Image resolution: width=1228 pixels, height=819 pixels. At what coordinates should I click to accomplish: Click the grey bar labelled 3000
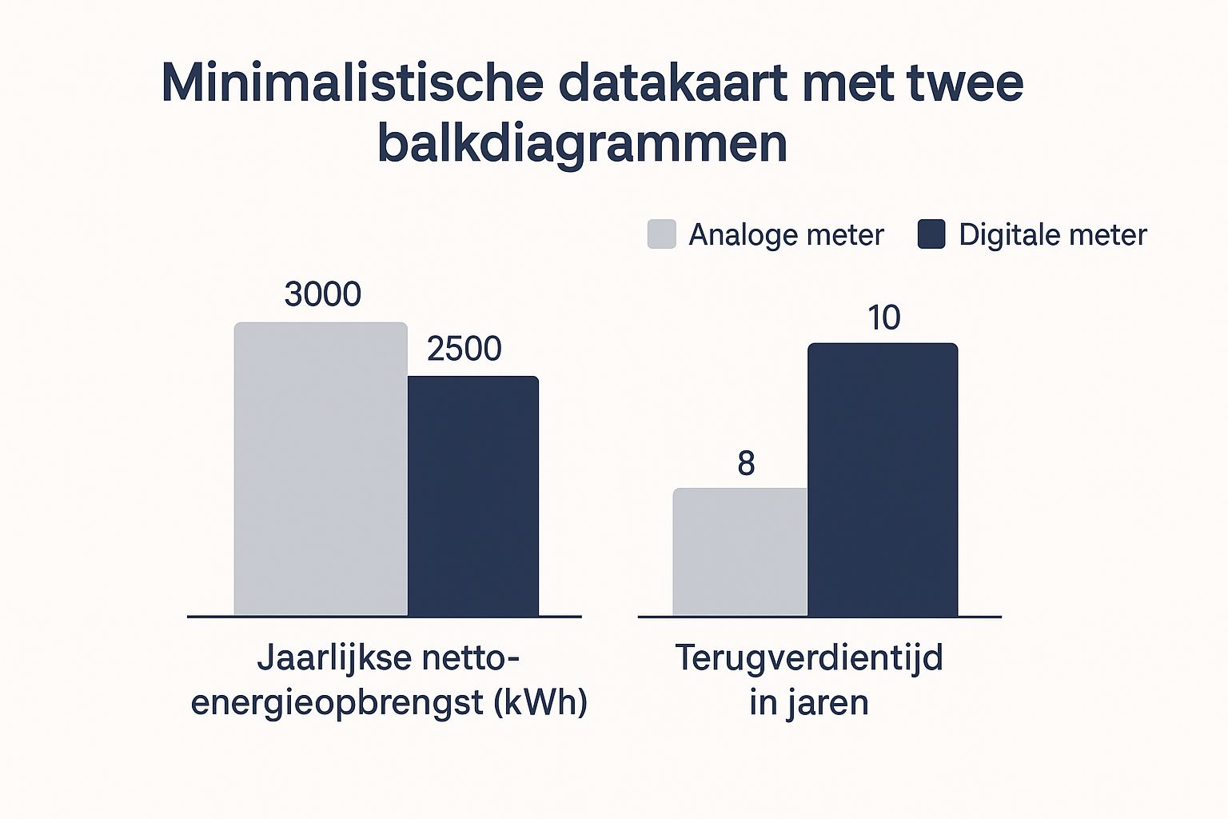(321, 469)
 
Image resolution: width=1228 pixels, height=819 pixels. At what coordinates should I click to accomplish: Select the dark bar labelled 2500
(473, 496)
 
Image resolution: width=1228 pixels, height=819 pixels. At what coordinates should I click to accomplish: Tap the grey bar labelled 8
(740, 552)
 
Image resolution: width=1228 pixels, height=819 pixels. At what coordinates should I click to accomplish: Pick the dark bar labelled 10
(883, 480)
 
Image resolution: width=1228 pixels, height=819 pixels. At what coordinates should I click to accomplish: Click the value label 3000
(323, 295)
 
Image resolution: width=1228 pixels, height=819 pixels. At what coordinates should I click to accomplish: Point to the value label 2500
(464, 350)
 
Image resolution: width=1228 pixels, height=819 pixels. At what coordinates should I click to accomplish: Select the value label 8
(746, 464)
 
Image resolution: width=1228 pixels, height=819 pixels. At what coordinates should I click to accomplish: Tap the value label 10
(884, 318)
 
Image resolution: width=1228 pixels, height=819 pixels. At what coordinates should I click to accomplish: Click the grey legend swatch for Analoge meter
(662, 234)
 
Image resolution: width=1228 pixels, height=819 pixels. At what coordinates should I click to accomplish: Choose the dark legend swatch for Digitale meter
(931, 234)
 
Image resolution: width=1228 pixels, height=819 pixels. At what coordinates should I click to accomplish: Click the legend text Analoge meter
(786, 235)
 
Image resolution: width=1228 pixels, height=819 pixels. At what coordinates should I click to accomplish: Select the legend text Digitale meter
(1052, 235)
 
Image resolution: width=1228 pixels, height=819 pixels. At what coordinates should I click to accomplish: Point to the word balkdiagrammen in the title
(582, 145)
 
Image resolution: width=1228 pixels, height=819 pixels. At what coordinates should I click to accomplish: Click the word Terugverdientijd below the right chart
(809, 658)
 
